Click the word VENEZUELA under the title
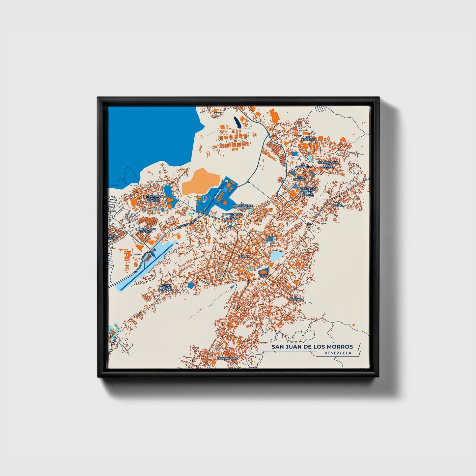pyautogui.click(x=337, y=353)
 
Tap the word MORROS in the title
pyautogui.click(x=340, y=347)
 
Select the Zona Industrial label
pyautogui.click(x=308, y=138)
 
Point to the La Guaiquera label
pyautogui.click(x=303, y=166)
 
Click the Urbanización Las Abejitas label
pyautogui.click(x=328, y=165)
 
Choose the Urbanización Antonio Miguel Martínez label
pyautogui.click(x=307, y=192)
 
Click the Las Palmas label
pyautogui.click(x=338, y=205)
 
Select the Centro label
pyautogui.click(x=243, y=256)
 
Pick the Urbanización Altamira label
pyautogui.click(x=145, y=230)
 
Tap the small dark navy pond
pyautogui.click(x=237, y=123)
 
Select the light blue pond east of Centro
pyautogui.click(x=277, y=256)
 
